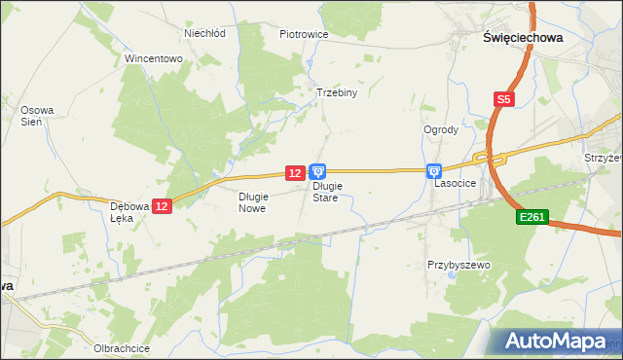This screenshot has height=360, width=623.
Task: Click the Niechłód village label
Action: tap(205, 32)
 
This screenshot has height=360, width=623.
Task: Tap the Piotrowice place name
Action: tap(304, 34)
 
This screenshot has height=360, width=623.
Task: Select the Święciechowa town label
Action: tap(523, 36)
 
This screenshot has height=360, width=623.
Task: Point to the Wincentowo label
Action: tap(154, 58)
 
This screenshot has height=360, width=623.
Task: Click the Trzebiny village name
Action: tap(338, 93)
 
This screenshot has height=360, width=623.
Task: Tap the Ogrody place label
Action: tap(441, 129)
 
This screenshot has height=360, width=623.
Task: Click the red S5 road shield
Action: tap(502, 99)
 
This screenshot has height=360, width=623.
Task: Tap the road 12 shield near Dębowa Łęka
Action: tap(162, 206)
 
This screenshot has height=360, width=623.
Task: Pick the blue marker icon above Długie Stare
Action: tap(318, 171)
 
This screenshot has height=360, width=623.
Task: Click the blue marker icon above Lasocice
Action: tap(433, 170)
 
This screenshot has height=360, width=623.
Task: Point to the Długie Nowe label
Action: tap(252, 201)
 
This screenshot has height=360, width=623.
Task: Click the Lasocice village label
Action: tap(455, 182)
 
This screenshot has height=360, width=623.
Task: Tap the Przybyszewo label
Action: tap(458, 265)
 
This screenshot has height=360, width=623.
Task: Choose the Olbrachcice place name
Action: tap(121, 348)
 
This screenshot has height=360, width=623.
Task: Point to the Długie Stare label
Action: tap(325, 192)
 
